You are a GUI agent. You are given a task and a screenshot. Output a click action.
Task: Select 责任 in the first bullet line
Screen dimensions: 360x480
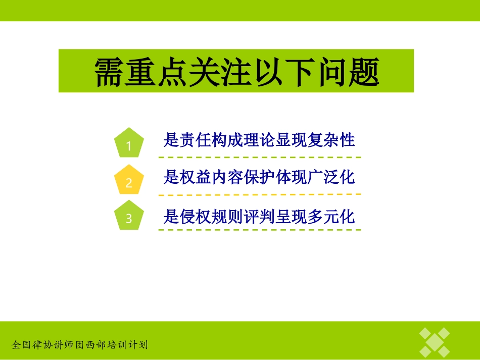click(x=196, y=140)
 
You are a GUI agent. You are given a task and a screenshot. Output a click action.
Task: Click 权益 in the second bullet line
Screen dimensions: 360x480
click(x=196, y=177)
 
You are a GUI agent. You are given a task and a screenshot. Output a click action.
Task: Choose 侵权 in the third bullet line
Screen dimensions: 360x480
click(x=196, y=217)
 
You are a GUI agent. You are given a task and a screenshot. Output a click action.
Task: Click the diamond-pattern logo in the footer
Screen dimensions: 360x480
click(x=435, y=342)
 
